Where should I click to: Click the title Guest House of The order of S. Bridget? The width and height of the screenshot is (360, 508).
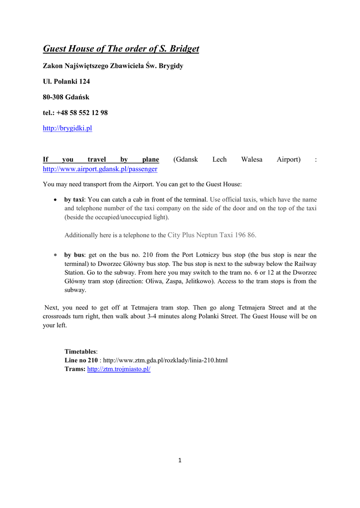[121, 49]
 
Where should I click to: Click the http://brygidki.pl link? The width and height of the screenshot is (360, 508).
[68, 128]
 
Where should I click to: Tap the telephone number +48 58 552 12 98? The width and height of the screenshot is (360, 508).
[82, 113]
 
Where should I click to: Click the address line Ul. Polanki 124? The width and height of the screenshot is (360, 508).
[66, 81]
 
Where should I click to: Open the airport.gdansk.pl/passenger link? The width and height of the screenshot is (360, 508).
[100, 169]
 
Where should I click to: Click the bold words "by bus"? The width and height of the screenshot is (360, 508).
[74, 255]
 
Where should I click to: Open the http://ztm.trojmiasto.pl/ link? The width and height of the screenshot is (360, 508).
[119, 370]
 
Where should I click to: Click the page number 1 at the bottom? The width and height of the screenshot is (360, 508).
[180, 460]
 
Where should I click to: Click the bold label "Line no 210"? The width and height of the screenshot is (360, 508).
[81, 360]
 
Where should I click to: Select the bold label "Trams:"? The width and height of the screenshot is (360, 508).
[75, 370]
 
